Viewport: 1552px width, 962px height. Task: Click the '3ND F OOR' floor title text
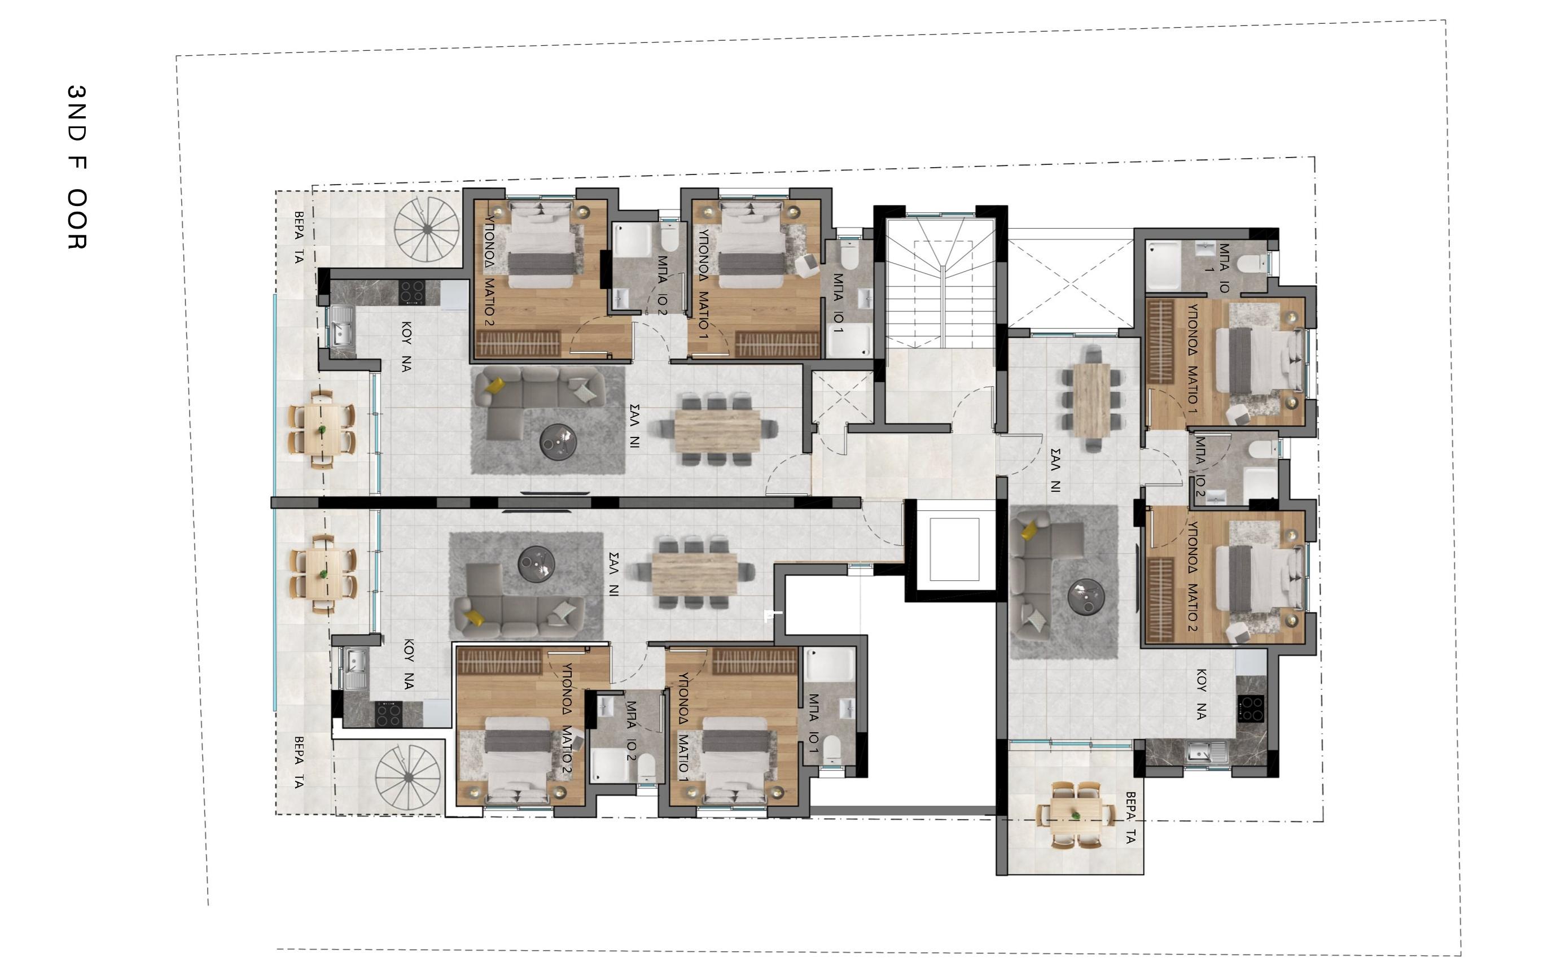click(x=77, y=167)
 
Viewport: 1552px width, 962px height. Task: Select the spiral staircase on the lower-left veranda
click(x=407, y=777)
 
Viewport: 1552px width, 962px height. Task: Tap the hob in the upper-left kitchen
click(x=411, y=292)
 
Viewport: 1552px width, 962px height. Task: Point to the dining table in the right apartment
click(x=1091, y=400)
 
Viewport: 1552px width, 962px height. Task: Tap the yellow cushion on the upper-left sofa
click(x=495, y=386)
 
